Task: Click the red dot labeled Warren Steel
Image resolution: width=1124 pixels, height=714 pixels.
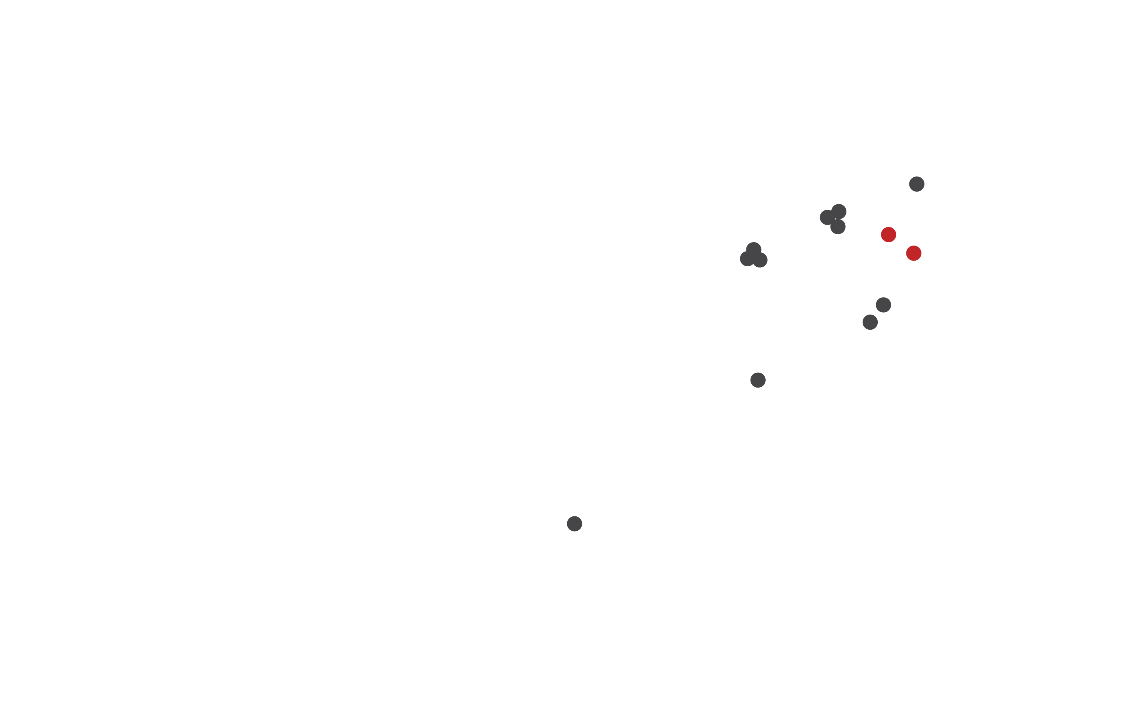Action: pyautogui.click(x=888, y=234)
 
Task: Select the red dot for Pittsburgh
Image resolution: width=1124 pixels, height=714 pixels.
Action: pyautogui.click(x=914, y=253)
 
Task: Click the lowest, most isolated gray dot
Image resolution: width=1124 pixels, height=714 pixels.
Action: pyautogui.click(x=574, y=524)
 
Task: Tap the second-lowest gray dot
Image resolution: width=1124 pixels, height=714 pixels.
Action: pyautogui.click(x=758, y=380)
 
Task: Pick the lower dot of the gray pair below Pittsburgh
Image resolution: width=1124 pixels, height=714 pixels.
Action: pyautogui.click(x=870, y=322)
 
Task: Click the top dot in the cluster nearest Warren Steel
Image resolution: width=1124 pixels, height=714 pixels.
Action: pyautogui.click(x=839, y=211)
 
